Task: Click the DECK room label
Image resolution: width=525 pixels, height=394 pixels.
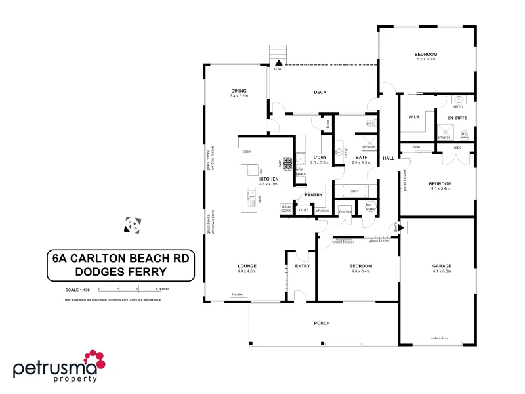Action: pos(320,92)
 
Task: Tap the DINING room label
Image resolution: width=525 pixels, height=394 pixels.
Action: pos(239,91)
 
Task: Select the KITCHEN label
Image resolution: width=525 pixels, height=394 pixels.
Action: pos(269,179)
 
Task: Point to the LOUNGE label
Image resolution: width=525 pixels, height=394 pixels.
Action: pos(247,265)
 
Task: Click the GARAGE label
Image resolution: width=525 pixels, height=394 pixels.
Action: pos(442,265)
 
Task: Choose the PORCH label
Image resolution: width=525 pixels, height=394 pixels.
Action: pos(322,324)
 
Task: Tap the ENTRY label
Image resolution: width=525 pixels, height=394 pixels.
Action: pos(303,266)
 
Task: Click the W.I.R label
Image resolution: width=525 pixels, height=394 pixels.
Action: pos(413,118)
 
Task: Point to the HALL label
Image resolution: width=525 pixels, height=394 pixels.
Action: pos(389,158)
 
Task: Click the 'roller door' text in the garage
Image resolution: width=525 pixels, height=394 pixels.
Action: pos(440,338)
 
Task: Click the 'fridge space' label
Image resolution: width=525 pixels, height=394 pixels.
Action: pos(286,208)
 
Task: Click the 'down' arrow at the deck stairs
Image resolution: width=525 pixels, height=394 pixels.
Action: pos(279,63)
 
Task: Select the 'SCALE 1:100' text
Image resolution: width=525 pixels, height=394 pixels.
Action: pos(78,289)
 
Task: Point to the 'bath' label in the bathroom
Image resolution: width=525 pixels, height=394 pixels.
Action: pos(353,191)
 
